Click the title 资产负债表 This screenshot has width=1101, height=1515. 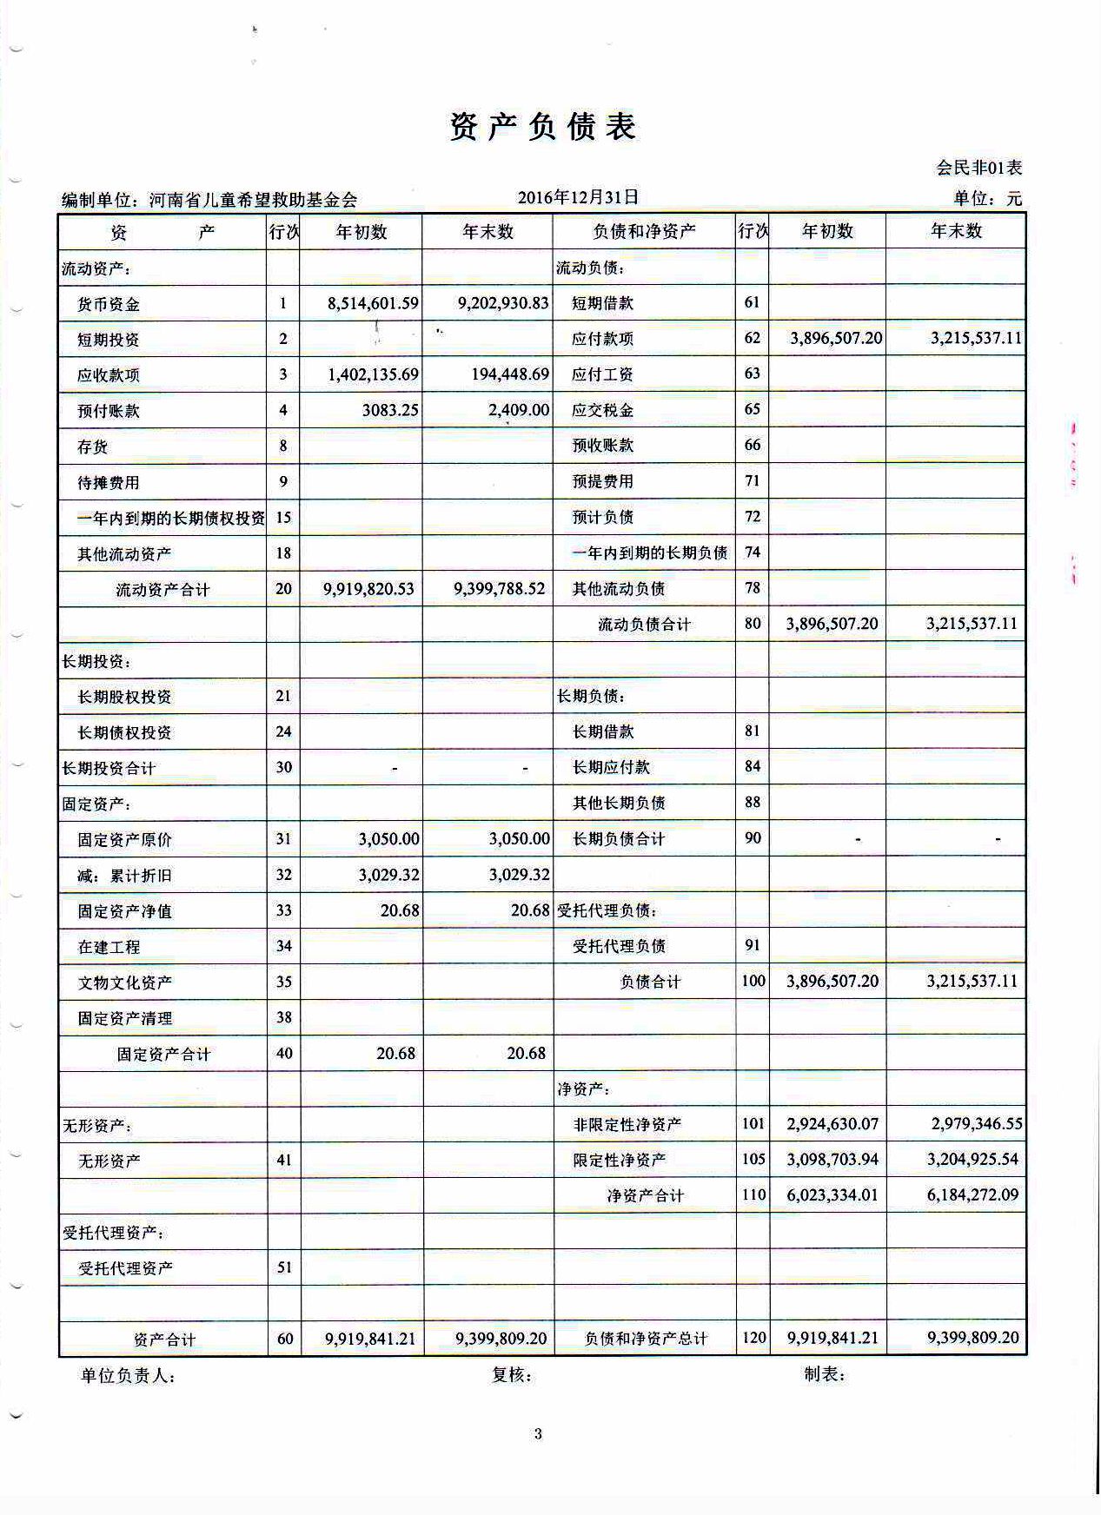click(x=543, y=127)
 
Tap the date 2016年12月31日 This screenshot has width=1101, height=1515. click(x=578, y=197)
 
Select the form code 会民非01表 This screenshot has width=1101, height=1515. click(x=978, y=168)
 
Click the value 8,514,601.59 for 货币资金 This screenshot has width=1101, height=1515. click(x=373, y=303)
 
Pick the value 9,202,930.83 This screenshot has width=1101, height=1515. click(x=503, y=302)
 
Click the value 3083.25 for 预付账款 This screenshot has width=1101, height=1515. click(x=390, y=410)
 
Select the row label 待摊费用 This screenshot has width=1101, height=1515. click(x=109, y=482)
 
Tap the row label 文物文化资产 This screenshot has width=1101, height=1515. click(x=125, y=982)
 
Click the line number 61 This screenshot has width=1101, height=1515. click(x=753, y=302)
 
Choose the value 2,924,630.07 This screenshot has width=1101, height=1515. click(x=832, y=1124)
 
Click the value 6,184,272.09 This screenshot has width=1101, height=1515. click(x=972, y=1195)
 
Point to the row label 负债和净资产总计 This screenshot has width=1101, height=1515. click(x=647, y=1339)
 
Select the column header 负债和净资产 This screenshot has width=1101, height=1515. click(x=644, y=231)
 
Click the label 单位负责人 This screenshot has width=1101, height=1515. click(x=128, y=1376)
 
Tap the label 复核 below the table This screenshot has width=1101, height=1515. click(x=511, y=1375)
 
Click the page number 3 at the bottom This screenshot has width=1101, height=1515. click(x=538, y=1434)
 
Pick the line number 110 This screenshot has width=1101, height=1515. click(x=753, y=1195)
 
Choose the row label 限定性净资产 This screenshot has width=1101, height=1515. click(x=620, y=1161)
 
